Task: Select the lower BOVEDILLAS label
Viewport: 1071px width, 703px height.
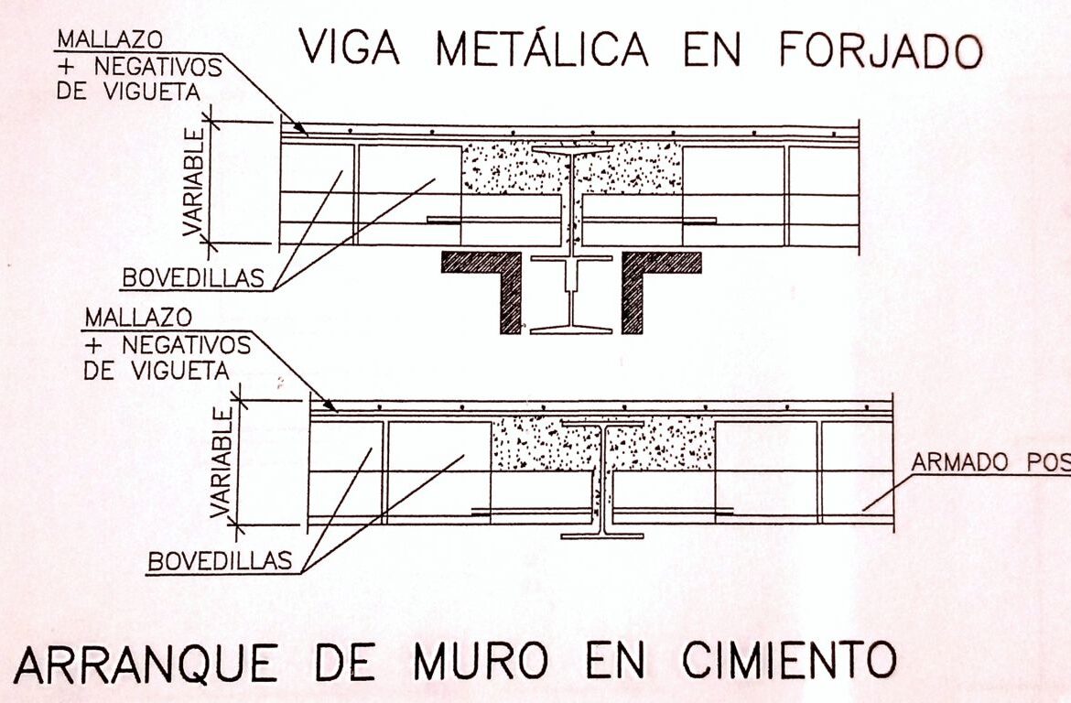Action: [x=220, y=560]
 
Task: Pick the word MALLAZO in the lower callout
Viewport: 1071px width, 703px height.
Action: [x=137, y=318]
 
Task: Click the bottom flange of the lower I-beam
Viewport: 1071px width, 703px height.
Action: [x=601, y=535]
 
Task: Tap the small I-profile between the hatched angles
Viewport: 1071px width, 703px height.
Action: [x=571, y=293]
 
